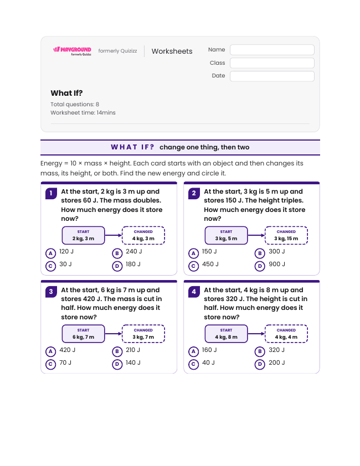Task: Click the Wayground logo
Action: point(72,51)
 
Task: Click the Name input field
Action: point(272,50)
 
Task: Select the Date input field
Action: point(272,76)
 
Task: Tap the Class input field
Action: point(272,63)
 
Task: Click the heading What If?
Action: point(66,93)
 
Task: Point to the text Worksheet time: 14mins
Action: point(83,113)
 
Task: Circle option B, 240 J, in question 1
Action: point(127,252)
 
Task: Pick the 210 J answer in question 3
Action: point(126,350)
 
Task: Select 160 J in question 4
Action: point(203,350)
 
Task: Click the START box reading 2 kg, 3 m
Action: point(83,235)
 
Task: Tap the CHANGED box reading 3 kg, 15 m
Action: point(286,235)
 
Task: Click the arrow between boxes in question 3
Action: point(114,334)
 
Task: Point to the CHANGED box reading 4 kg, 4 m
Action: point(286,334)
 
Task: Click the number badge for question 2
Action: point(194,193)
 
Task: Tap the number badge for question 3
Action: point(51,292)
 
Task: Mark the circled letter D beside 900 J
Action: point(260,266)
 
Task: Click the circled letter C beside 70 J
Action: point(50,364)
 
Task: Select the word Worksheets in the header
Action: point(172,51)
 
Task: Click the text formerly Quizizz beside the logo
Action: point(117,51)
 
